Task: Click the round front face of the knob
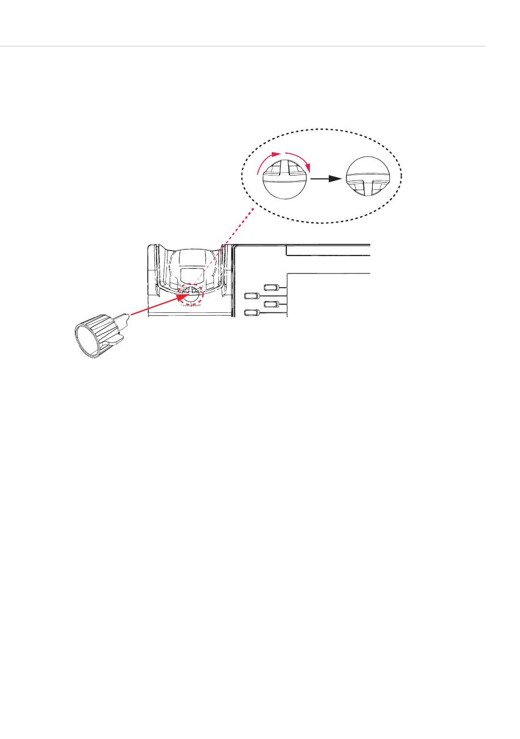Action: click(84, 340)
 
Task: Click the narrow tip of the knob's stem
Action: click(127, 315)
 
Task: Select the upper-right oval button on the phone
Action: click(271, 287)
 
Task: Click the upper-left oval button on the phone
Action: click(251, 296)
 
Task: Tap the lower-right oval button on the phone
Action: click(271, 304)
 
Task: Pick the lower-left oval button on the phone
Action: click(251, 313)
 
